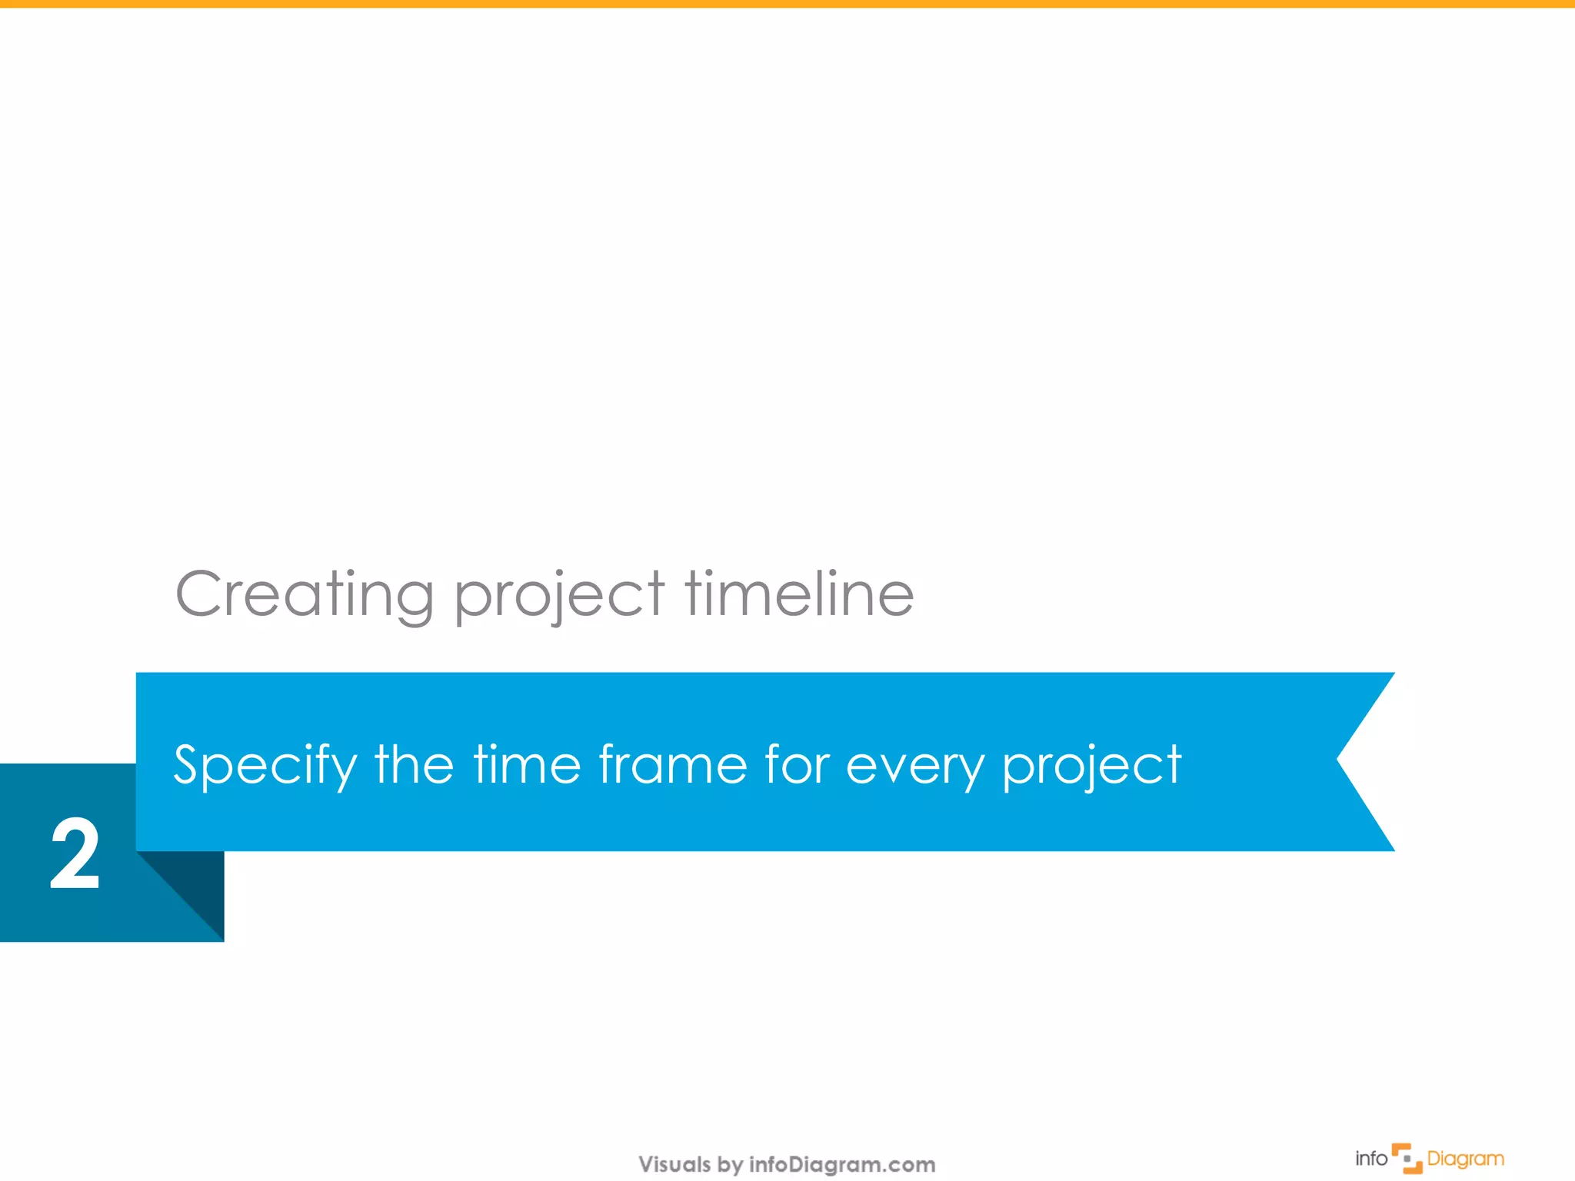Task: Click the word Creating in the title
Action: coord(305,595)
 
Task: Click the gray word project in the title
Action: coord(559,597)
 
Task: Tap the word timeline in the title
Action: coord(799,594)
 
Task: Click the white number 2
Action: coord(75,855)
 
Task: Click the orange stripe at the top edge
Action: coord(787,4)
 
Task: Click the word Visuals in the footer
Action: coord(674,1164)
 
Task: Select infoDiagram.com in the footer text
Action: coord(842,1164)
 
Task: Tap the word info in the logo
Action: coord(1370,1159)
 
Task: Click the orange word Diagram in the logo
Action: coord(1465,1159)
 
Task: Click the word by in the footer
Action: coord(730,1165)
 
